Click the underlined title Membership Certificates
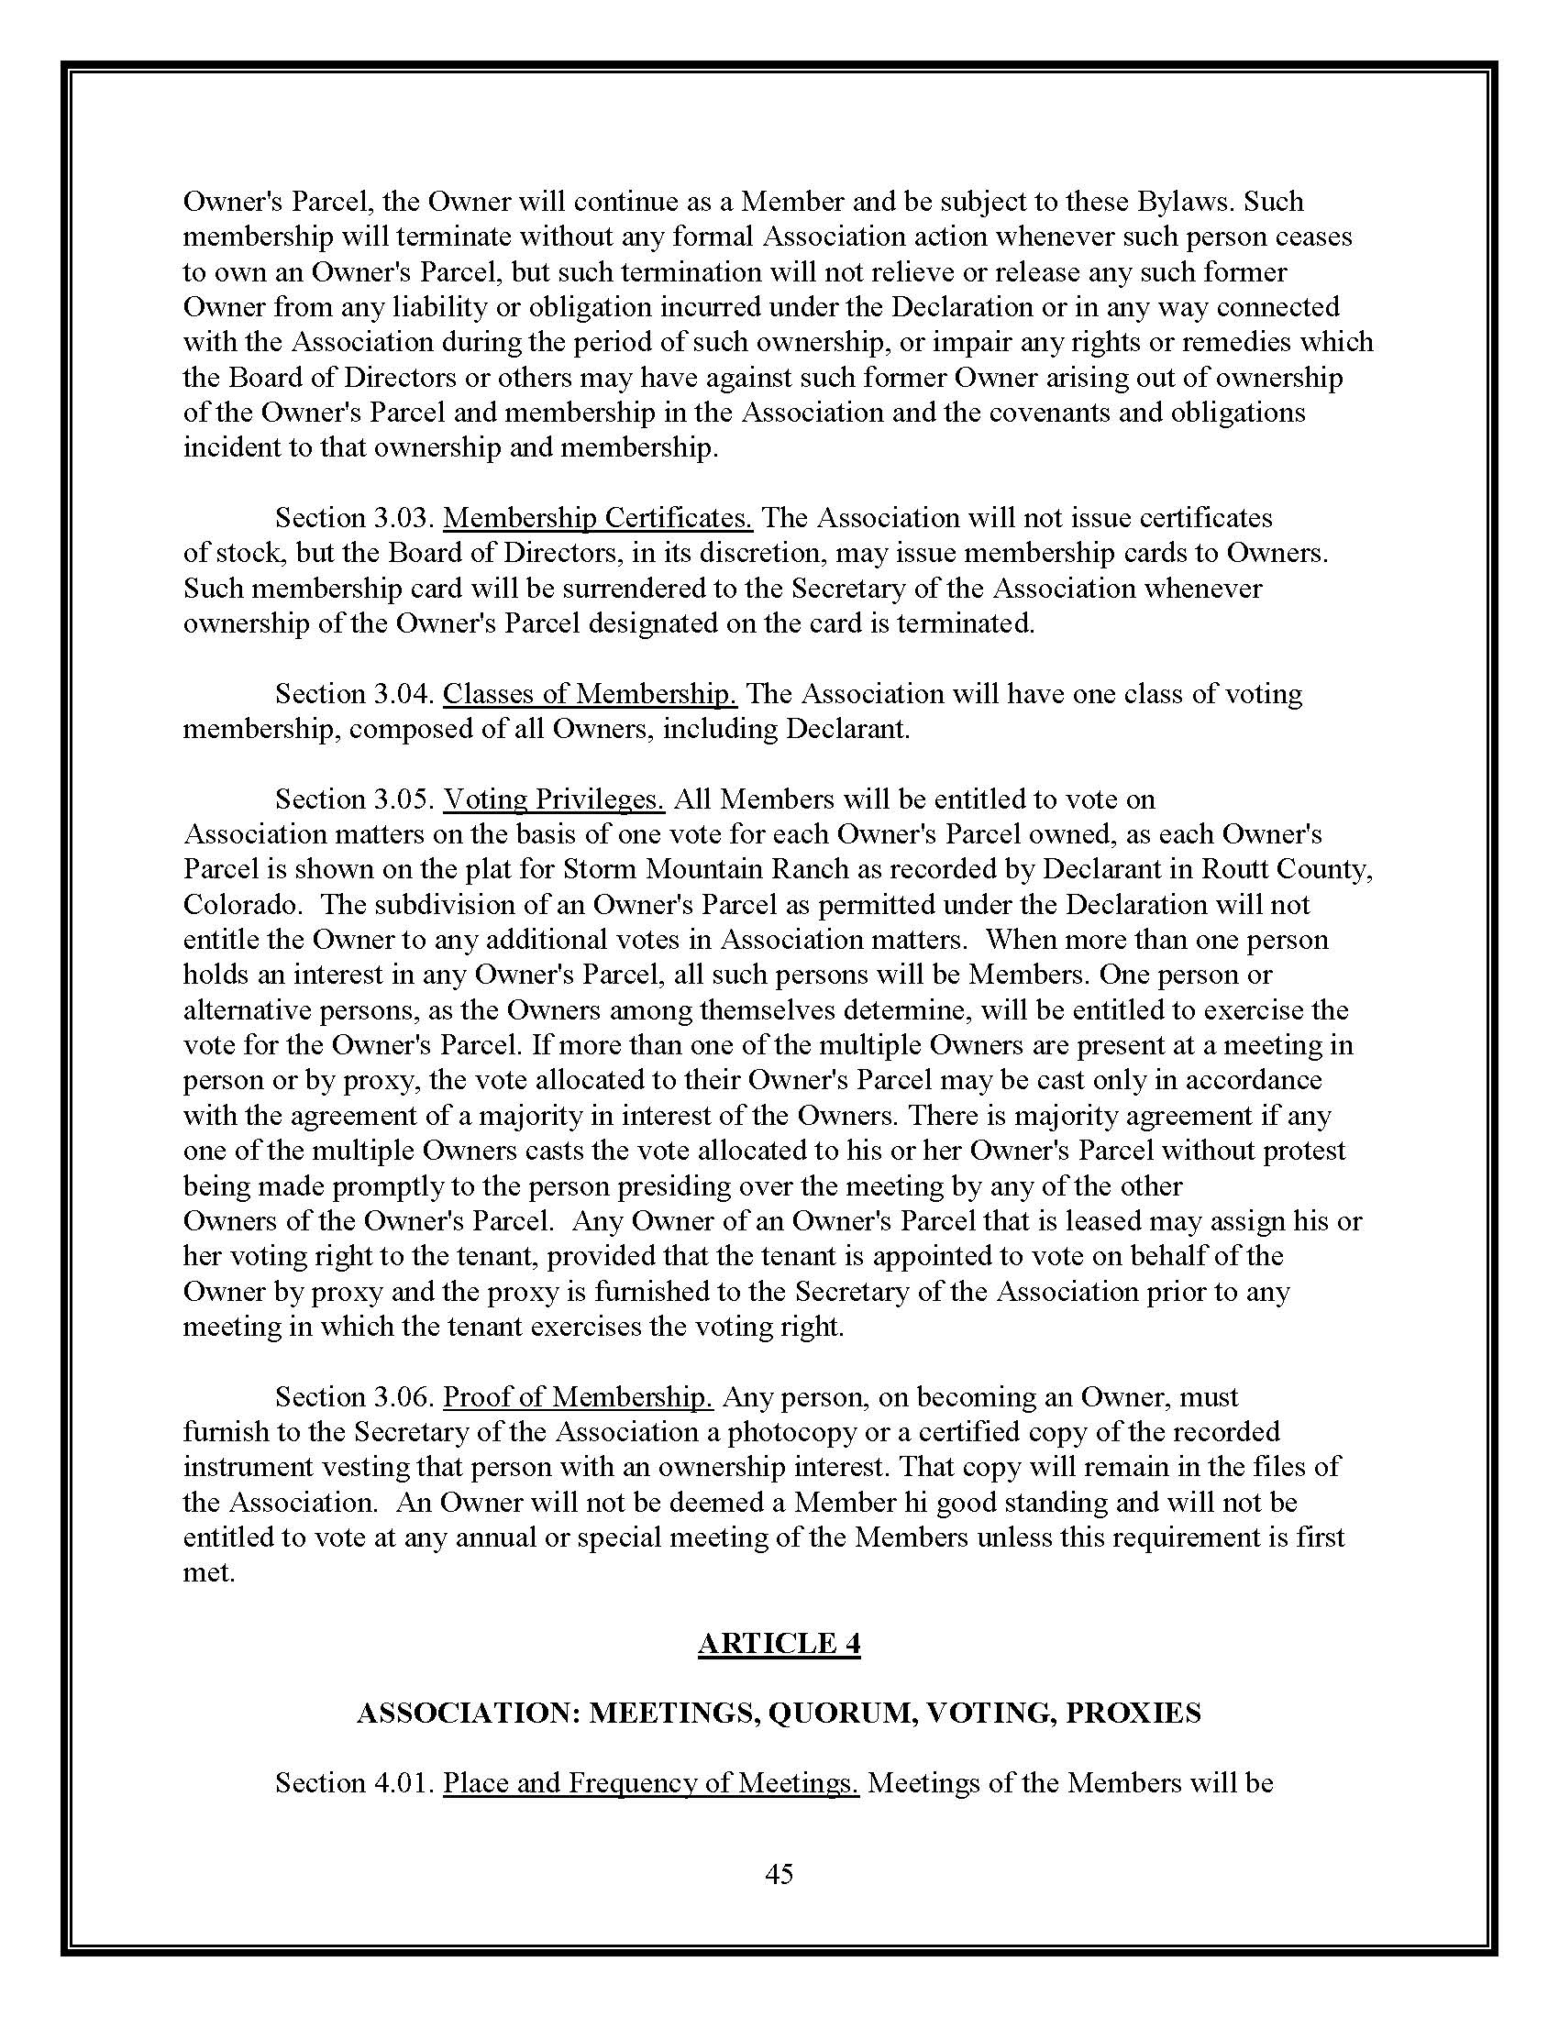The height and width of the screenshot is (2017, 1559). click(x=598, y=517)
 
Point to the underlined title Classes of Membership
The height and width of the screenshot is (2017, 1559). click(x=590, y=694)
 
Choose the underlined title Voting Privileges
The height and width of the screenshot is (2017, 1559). click(x=553, y=799)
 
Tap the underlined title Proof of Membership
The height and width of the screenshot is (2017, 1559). click(x=577, y=1397)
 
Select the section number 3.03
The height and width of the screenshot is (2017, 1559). click(x=404, y=517)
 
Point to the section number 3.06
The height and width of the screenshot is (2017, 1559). click(x=404, y=1397)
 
